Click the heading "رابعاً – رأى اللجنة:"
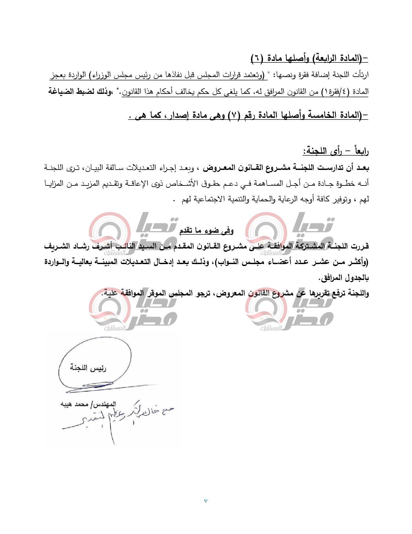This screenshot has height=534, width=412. pos(335,151)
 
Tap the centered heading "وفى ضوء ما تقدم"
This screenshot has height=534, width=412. pos(206,230)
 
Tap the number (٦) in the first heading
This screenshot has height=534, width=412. pos(257,59)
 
